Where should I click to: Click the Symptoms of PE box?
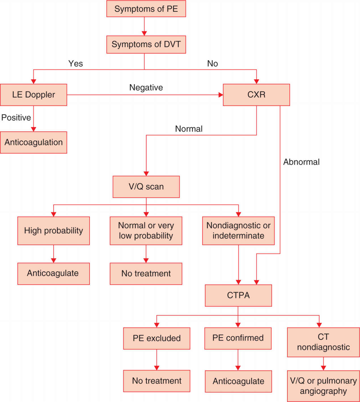pos(146,9)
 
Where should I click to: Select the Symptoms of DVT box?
pos(146,45)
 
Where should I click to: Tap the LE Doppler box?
pos(33,95)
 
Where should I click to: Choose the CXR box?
pos(256,95)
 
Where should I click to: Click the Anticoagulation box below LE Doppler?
pos(33,142)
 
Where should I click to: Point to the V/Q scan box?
pos(146,187)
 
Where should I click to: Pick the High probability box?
pos(54,231)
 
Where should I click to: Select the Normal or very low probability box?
pos(146,231)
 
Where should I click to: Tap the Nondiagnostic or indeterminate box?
pos(238,231)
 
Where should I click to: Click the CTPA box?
pos(238,295)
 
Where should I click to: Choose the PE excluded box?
pos(156,338)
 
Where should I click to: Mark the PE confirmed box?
pos(238,338)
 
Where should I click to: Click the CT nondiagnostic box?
pos(323,342)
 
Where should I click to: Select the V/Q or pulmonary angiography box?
pos(323,386)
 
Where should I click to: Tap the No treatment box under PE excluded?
pos(156,381)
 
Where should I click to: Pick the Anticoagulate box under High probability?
pos(54,274)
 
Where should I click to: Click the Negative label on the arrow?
pos(146,88)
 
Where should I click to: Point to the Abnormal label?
pos(301,162)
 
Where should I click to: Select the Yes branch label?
pos(76,64)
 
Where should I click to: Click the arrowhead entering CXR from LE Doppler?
pos(221,95)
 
